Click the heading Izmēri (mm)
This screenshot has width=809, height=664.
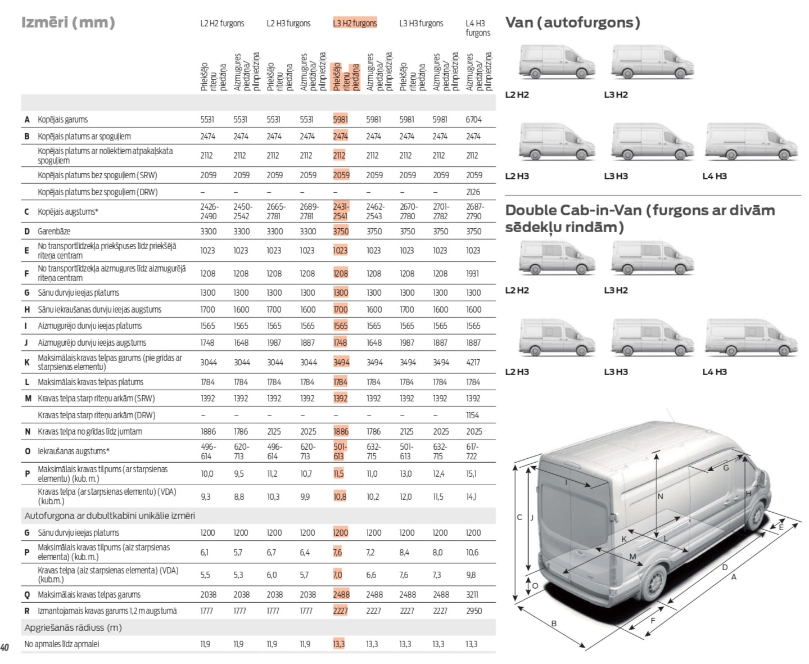(x=68, y=22)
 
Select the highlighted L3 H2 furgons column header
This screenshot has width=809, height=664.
(x=355, y=23)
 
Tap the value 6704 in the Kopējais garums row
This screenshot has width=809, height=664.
(x=473, y=119)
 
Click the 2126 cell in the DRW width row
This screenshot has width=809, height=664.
(x=473, y=192)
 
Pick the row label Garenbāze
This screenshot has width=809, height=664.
(x=54, y=231)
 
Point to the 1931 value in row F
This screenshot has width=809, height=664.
(x=472, y=273)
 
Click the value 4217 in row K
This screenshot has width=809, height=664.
(x=473, y=362)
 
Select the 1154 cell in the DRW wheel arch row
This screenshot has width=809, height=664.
(x=472, y=415)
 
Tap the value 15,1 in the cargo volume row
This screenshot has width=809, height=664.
(x=471, y=473)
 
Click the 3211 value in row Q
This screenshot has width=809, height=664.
(x=472, y=594)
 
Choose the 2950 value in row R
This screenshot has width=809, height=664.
(x=473, y=611)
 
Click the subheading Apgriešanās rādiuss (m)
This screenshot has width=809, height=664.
(x=73, y=627)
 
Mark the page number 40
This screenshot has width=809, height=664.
(x=5, y=647)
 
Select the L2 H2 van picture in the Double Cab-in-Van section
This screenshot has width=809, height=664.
(x=556, y=258)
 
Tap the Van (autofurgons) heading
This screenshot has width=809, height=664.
(x=572, y=22)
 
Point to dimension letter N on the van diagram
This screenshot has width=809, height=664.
(x=660, y=496)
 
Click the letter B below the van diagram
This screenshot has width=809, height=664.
(x=554, y=623)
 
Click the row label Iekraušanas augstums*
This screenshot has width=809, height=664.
(x=73, y=451)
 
